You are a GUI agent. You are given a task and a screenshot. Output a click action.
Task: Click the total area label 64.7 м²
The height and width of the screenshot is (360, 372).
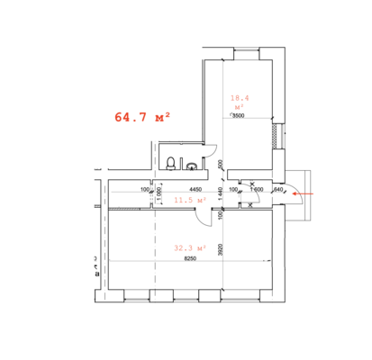142,117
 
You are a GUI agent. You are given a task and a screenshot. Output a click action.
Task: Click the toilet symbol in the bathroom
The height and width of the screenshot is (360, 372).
170,163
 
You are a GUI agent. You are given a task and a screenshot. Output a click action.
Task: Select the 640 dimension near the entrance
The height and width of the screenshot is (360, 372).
278,190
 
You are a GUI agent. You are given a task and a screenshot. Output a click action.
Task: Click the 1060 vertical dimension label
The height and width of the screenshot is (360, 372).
159,190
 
